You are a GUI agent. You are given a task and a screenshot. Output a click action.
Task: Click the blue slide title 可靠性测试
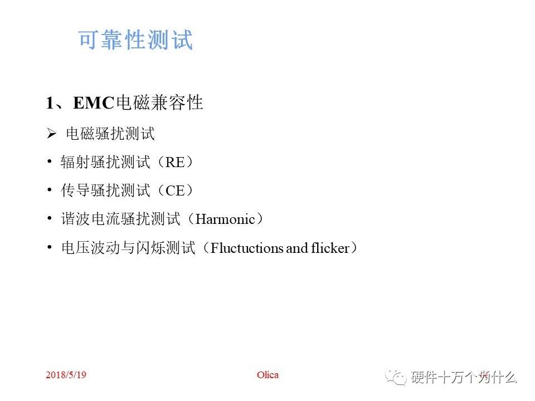click(135, 40)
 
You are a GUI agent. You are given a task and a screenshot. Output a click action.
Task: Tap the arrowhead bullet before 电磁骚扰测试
click(52, 134)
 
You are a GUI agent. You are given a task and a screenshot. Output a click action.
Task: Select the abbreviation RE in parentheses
click(175, 162)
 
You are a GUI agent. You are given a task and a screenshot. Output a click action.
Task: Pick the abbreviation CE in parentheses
click(175, 190)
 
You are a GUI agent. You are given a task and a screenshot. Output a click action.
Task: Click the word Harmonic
click(225, 219)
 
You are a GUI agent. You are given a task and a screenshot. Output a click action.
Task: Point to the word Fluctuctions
click(247, 248)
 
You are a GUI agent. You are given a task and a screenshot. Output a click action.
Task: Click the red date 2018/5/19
click(66, 375)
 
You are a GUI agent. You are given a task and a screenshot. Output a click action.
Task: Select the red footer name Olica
click(267, 375)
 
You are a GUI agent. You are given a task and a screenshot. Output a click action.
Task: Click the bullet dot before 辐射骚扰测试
click(50, 162)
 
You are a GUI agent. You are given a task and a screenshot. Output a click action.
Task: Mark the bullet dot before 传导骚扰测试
click(50, 190)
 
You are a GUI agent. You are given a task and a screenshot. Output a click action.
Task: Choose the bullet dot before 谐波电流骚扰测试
click(50, 219)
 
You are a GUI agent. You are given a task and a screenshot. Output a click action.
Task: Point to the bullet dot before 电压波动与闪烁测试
click(50, 248)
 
